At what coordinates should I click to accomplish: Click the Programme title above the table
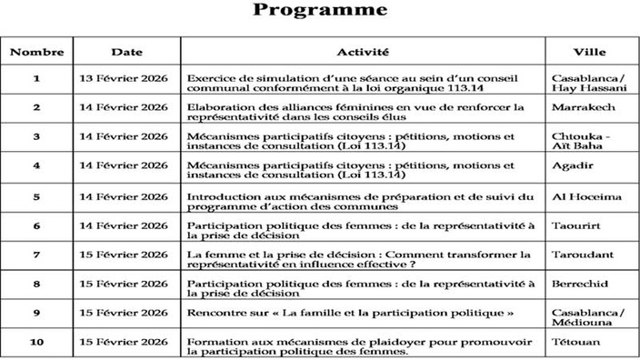coord(319,11)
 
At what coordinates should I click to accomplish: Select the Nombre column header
coord(36,52)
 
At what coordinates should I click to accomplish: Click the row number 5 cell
coord(36,195)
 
